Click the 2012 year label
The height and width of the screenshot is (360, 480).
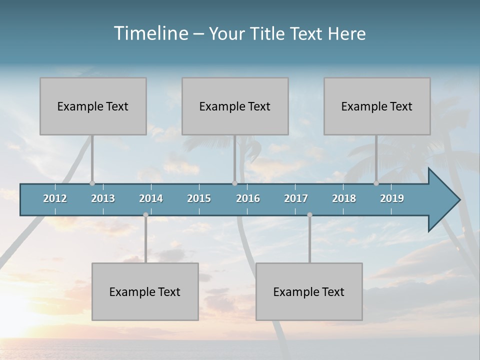coord(55,198)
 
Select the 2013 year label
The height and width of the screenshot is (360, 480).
coord(103,198)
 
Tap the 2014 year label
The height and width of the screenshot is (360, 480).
coord(151,198)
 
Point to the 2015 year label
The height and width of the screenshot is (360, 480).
coord(199,198)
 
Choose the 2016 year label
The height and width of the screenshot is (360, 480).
coord(248,198)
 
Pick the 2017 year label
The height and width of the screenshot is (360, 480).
coord(296,198)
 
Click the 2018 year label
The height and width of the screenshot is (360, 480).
coord(344,198)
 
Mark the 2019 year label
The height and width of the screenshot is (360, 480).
coord(392,198)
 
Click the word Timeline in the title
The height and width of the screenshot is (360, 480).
coord(150,33)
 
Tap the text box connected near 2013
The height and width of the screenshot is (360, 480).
coord(93,106)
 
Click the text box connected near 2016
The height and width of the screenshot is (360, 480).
coord(235,106)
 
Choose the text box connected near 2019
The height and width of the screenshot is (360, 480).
coord(377,106)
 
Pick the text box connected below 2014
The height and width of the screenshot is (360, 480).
coord(145,291)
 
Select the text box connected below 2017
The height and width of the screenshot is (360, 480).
coord(309,291)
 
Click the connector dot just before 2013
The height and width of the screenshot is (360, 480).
coord(92,183)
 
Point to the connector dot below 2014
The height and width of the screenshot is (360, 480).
coord(145,215)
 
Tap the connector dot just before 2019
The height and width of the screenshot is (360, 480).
coord(376,183)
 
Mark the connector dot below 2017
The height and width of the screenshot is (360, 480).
coord(309,215)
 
